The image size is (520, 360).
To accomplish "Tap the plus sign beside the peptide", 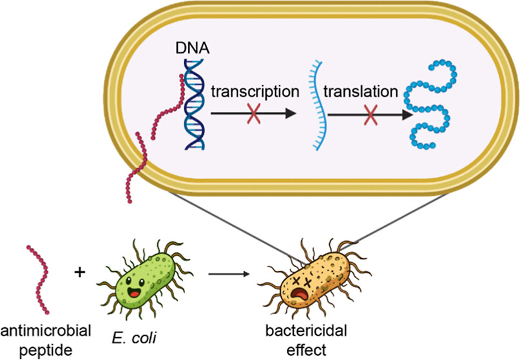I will click(80, 272).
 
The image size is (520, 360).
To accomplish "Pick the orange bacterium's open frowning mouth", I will click(299, 295).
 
